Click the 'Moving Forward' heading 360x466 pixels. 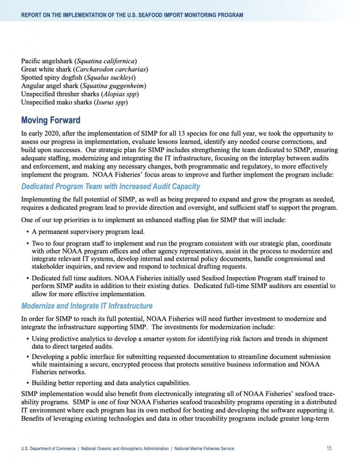[51, 121]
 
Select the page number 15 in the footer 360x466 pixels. [329, 448]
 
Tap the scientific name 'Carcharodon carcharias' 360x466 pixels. [111, 69]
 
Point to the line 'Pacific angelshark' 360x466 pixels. [48, 61]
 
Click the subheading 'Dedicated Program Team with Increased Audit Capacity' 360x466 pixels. [111, 187]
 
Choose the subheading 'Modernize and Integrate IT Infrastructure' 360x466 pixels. [87, 306]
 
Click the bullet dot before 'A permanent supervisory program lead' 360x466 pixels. [27, 231]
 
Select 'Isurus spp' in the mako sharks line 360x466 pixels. [110, 102]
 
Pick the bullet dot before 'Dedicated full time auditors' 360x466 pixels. [27, 278]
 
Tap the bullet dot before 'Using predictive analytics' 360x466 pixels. [27, 339]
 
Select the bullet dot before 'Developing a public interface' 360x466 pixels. [27, 357]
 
